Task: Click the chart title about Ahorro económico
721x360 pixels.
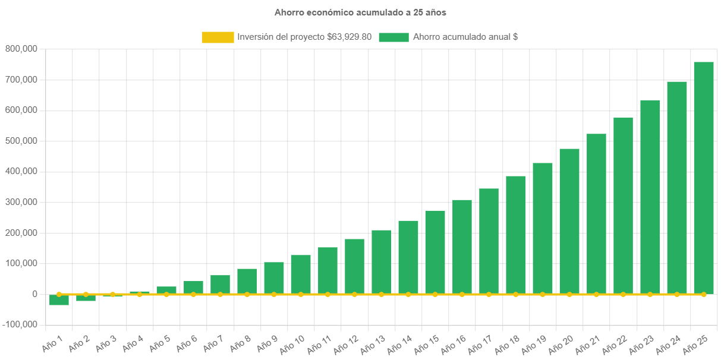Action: pos(360,12)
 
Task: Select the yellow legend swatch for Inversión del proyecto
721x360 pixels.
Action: pos(218,37)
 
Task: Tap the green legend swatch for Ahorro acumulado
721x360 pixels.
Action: pos(393,37)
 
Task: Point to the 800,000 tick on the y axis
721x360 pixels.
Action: pos(21,49)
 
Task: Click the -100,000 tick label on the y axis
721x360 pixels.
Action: pos(20,325)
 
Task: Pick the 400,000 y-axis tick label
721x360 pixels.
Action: pos(21,172)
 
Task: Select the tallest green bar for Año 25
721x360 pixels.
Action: pos(704,178)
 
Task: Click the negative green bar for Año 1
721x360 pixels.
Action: pos(59,300)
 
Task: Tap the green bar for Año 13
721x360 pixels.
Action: pos(382,261)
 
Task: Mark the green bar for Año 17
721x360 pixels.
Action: pos(489,241)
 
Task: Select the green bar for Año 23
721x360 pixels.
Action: pos(650,197)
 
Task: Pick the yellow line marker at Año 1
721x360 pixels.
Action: pos(59,294)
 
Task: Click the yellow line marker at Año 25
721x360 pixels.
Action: pos(704,294)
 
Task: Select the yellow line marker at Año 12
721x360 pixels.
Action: pos(354,294)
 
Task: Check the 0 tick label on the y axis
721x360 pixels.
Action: pos(35,294)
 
